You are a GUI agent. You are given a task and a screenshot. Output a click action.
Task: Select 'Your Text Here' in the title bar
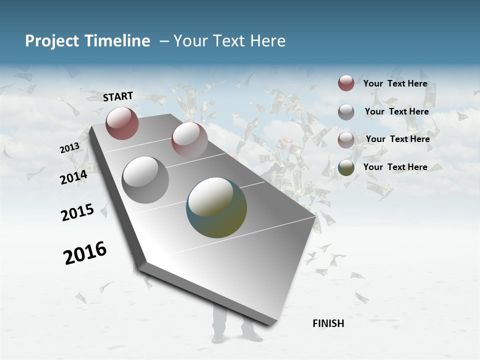click(229, 41)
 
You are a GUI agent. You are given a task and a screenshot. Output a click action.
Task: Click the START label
click(118, 96)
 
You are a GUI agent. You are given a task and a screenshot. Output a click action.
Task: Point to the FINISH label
click(328, 323)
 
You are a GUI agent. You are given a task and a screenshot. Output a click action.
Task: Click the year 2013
click(69, 147)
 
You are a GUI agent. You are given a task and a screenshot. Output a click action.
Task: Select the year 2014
click(73, 177)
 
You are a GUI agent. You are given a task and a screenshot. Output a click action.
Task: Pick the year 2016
click(85, 253)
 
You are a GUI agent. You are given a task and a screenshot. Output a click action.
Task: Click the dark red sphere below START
click(122, 123)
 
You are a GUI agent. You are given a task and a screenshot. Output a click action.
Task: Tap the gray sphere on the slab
click(145, 180)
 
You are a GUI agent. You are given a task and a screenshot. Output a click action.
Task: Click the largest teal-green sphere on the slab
click(216, 207)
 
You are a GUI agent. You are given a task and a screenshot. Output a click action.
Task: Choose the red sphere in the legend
click(346, 83)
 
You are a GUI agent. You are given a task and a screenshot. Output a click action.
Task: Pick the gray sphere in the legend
click(346, 112)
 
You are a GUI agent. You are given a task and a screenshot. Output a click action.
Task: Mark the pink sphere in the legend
click(346, 140)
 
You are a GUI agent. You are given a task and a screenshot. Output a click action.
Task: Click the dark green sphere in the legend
click(346, 167)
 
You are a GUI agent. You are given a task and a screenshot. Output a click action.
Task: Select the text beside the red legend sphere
click(395, 83)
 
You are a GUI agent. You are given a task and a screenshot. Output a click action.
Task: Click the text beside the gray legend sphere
click(396, 111)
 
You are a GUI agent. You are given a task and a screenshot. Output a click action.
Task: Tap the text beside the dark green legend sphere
click(395, 167)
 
